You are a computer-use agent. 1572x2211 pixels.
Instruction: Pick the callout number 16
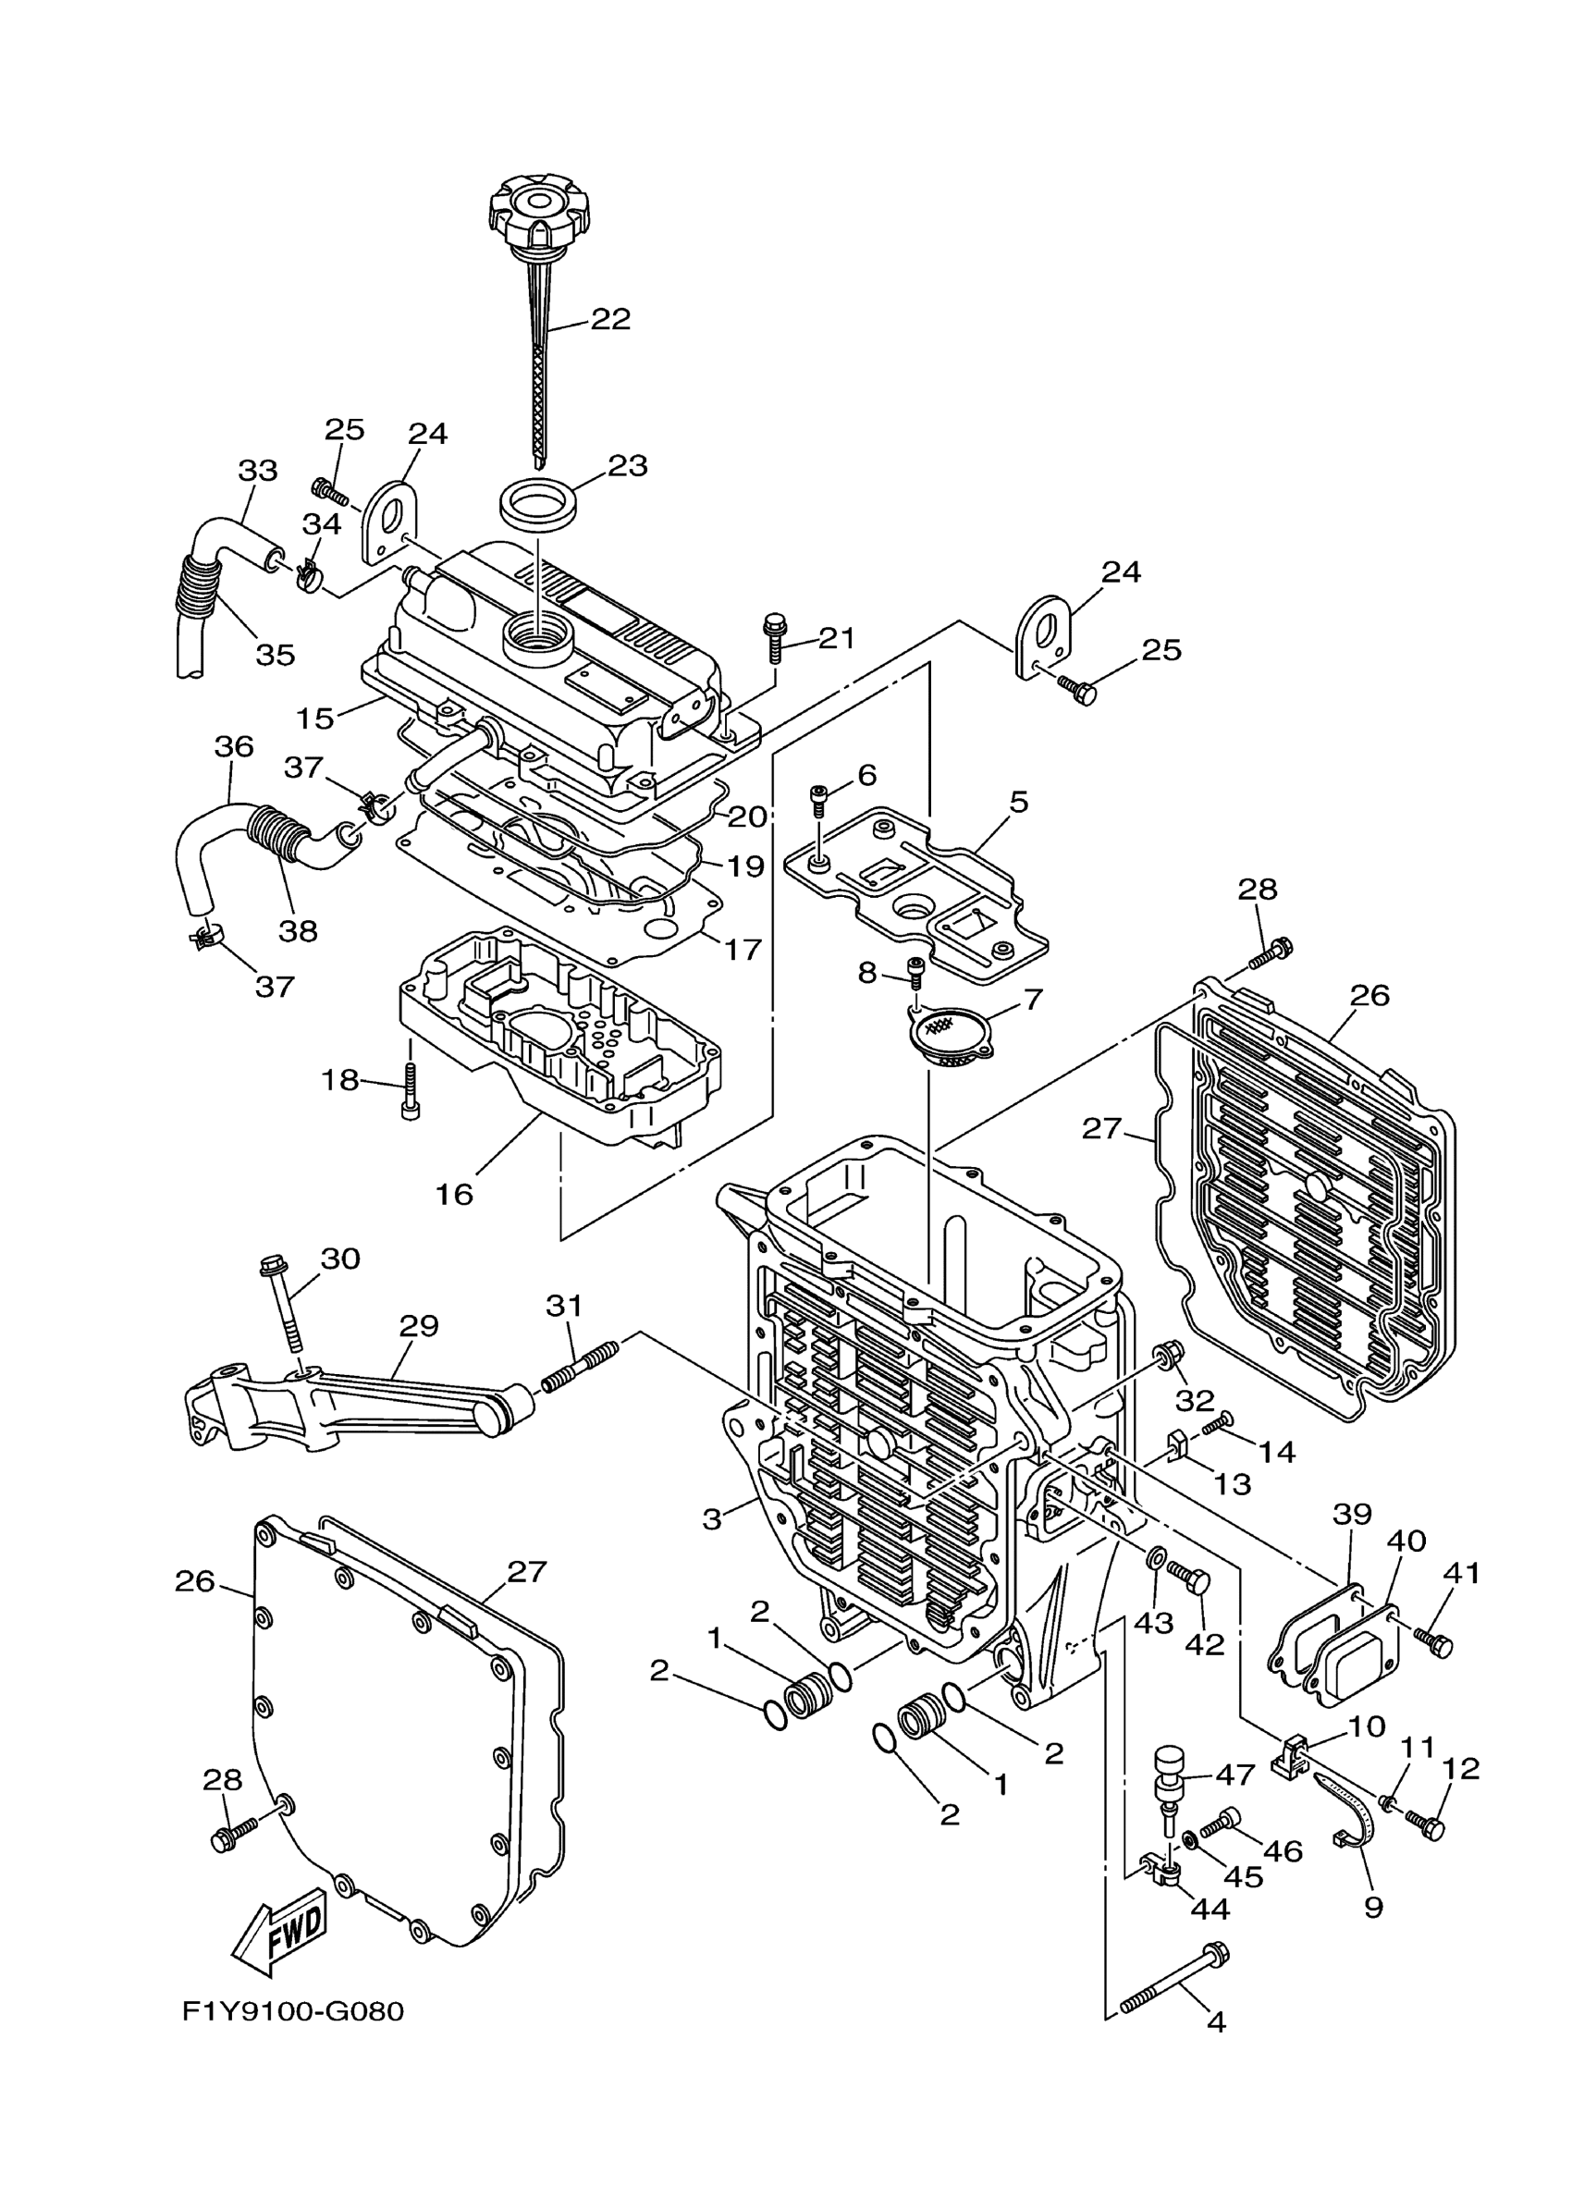pos(454,1195)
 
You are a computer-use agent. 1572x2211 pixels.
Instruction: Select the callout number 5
pos(1018,802)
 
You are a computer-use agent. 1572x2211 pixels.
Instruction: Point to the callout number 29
pos(419,1325)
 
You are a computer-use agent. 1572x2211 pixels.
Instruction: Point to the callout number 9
pos(1372,1907)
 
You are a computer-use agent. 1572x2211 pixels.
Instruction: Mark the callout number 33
pos(257,471)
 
